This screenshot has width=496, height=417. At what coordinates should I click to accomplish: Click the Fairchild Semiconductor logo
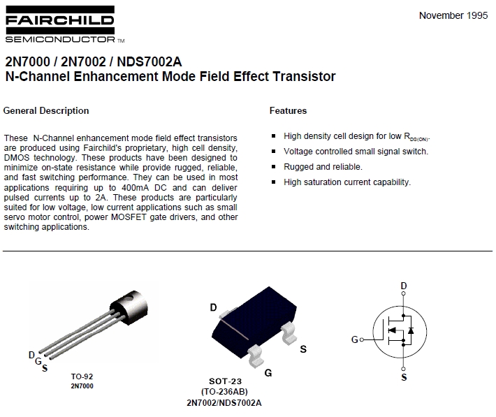click(59, 27)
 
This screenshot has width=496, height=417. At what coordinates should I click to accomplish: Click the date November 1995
click(453, 15)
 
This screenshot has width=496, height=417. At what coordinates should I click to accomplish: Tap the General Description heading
click(46, 110)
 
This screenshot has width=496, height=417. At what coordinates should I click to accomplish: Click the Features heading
click(288, 110)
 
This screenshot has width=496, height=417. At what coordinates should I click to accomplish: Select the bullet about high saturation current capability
click(347, 182)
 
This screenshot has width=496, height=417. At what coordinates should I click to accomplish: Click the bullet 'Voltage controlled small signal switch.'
click(356, 152)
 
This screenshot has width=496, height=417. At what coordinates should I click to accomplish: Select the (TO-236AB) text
click(225, 392)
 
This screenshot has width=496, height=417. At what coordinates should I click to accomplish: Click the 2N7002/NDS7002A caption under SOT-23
click(225, 402)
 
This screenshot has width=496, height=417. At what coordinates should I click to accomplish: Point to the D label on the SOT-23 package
click(213, 307)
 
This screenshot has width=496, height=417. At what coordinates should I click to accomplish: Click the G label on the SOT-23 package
click(268, 374)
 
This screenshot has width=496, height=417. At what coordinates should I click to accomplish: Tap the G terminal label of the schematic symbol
click(354, 339)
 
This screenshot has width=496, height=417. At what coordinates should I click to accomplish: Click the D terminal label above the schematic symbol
click(403, 286)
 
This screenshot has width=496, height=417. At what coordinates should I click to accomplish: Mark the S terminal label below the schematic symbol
click(403, 378)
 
